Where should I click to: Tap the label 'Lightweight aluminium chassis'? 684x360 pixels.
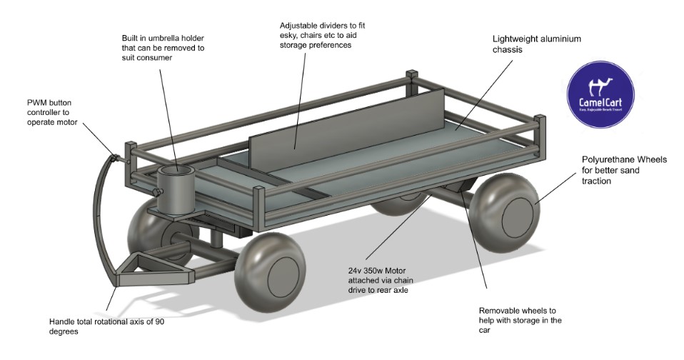click(527, 44)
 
